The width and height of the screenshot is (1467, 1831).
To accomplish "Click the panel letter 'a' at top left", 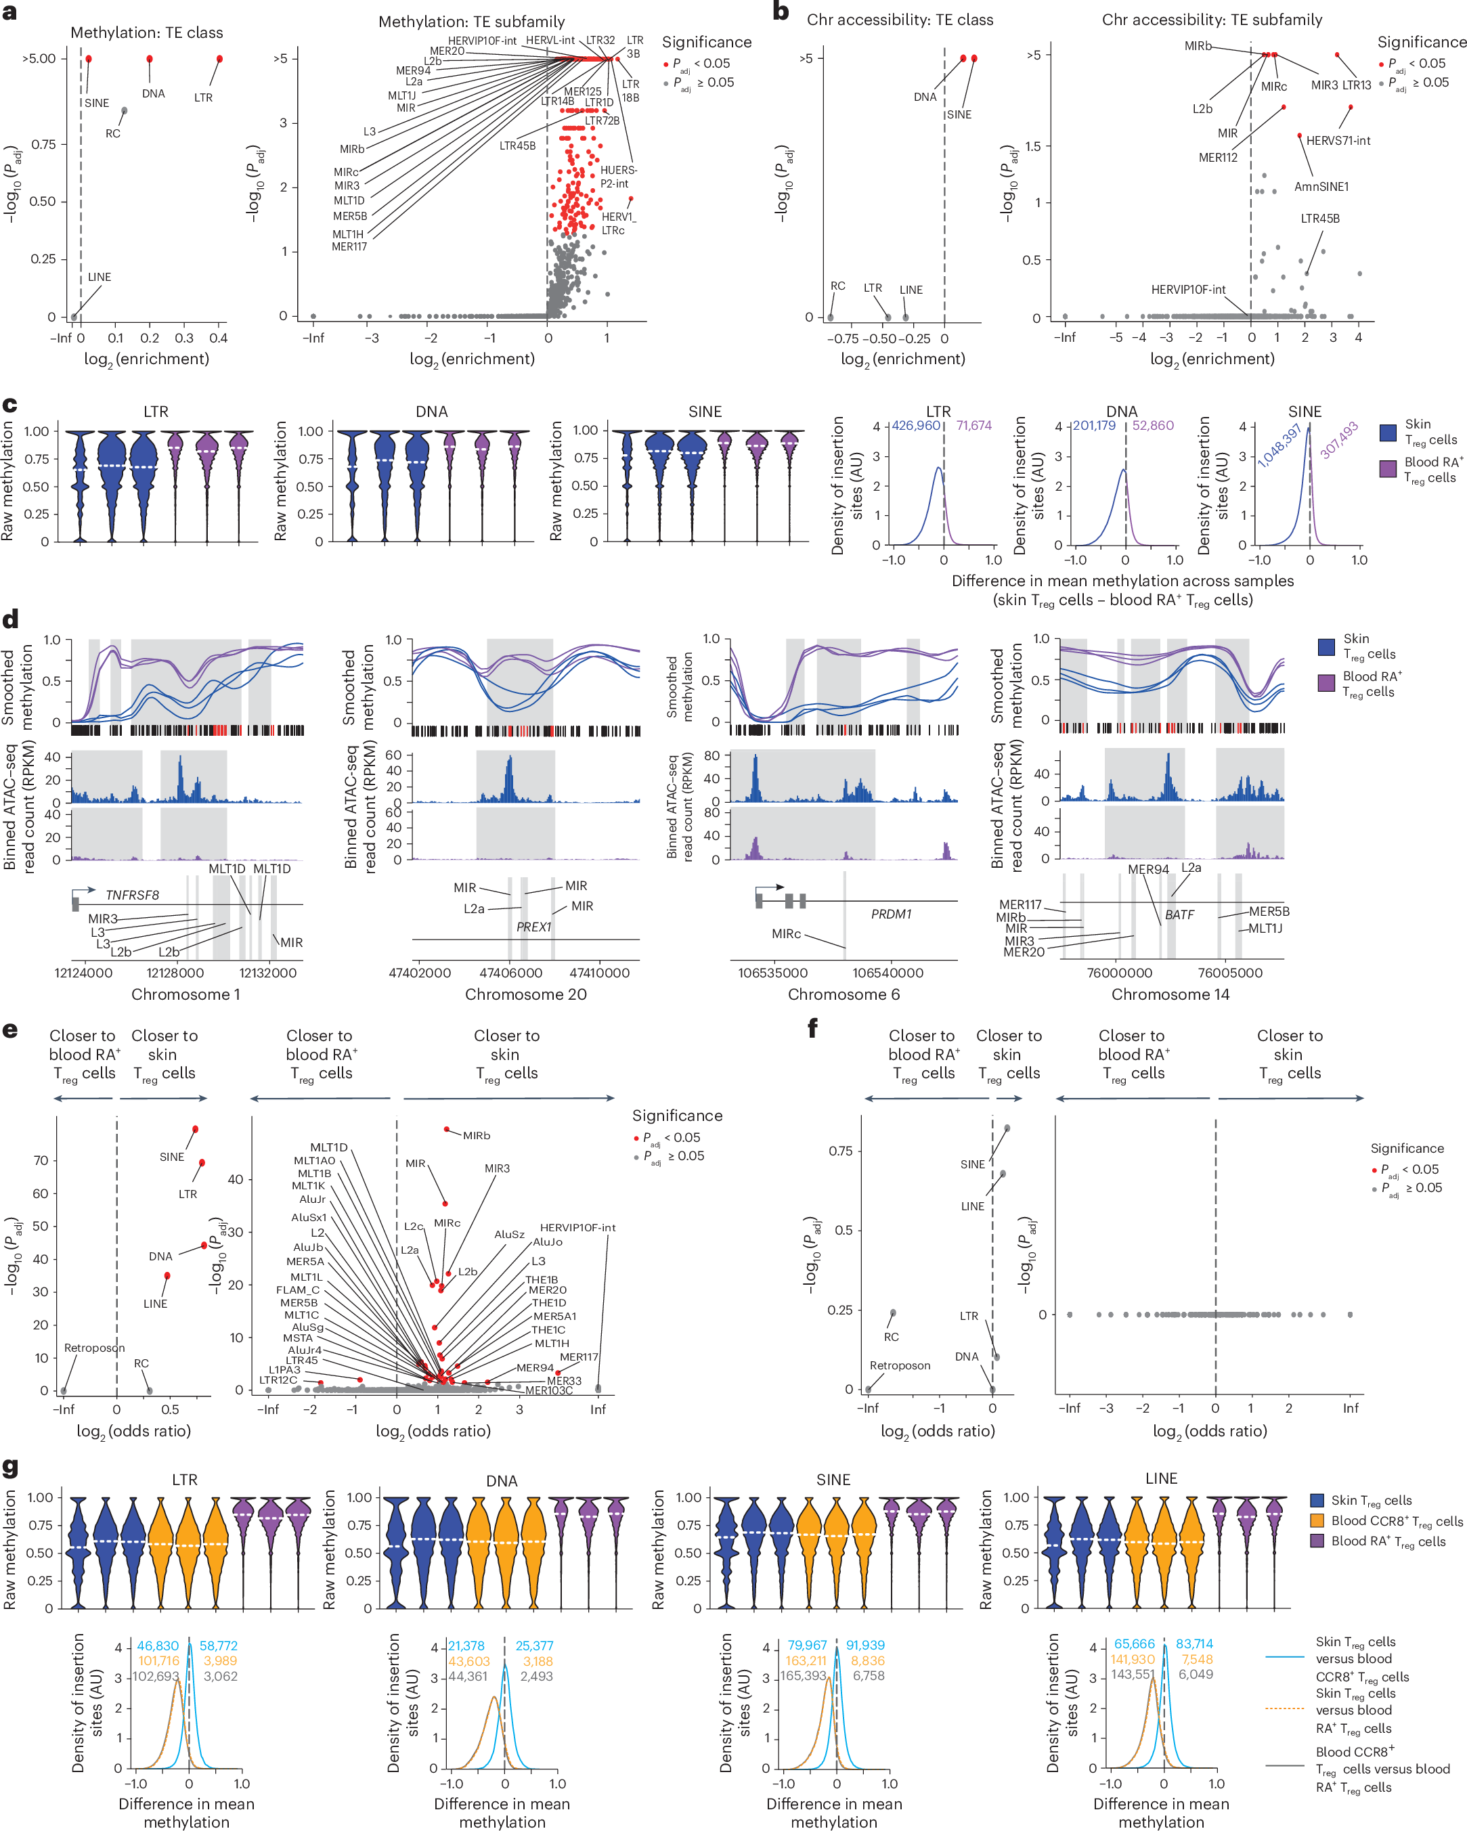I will pyautogui.click(x=10, y=12).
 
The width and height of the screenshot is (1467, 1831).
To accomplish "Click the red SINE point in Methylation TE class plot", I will pyautogui.click(x=88, y=59).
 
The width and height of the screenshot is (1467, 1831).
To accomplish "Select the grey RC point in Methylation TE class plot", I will pyautogui.click(x=124, y=111).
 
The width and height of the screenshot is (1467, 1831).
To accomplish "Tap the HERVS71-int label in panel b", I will pyautogui.click(x=1338, y=141).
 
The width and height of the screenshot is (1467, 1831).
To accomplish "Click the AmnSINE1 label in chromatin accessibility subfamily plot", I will pyautogui.click(x=1321, y=187).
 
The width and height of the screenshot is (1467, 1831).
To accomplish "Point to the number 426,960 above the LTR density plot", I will pyautogui.click(x=916, y=426).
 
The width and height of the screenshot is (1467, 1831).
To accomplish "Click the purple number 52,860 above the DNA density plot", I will pyautogui.click(x=1153, y=426).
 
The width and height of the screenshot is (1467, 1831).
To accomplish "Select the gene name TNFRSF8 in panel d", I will pyautogui.click(x=131, y=895).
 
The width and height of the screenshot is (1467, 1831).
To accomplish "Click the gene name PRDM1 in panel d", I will pyautogui.click(x=891, y=914).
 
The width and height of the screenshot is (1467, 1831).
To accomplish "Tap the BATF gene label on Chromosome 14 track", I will pyautogui.click(x=1179, y=914).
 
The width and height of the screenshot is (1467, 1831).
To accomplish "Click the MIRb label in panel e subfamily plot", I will pyautogui.click(x=477, y=1135).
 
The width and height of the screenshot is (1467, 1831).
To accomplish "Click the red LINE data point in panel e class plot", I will pyautogui.click(x=167, y=1275).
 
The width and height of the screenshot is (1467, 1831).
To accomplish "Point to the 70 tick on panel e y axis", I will pyautogui.click(x=41, y=1161).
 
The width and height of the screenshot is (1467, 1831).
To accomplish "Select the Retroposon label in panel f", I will pyautogui.click(x=900, y=1365).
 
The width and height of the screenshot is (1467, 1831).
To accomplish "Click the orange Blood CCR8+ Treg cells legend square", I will pyautogui.click(x=1317, y=1521).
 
